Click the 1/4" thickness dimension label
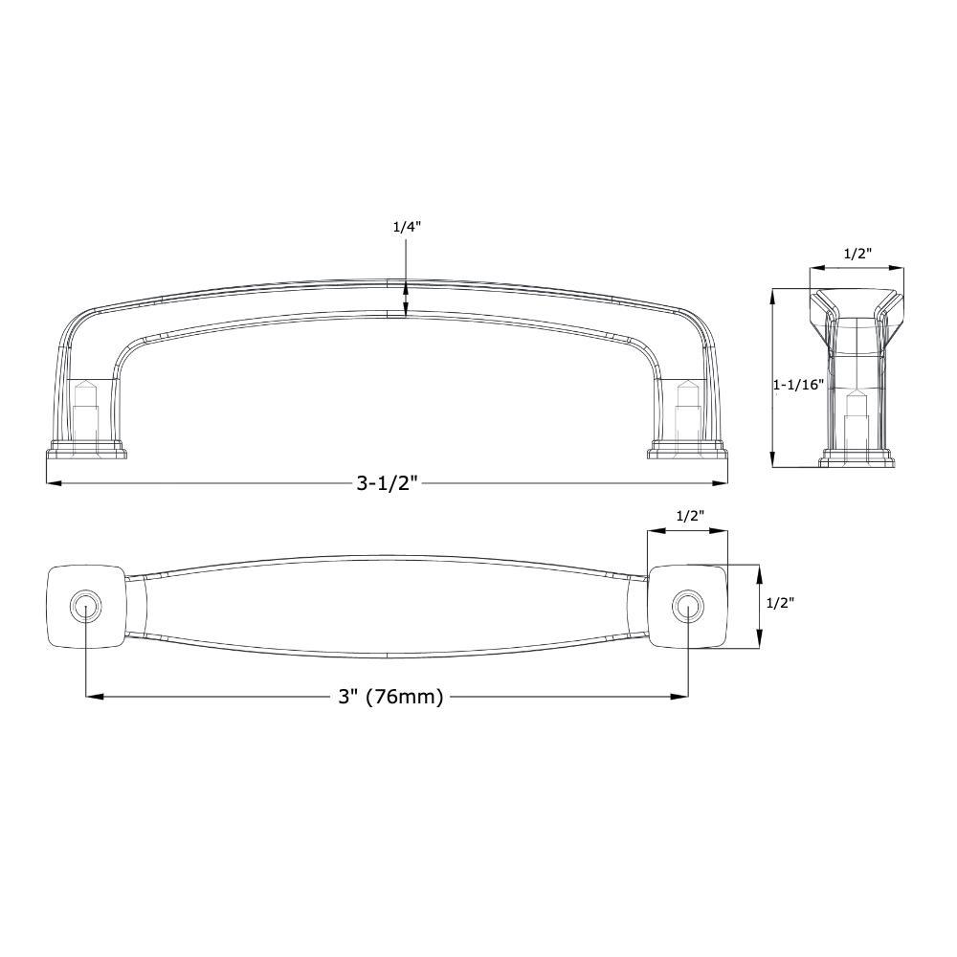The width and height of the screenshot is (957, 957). point(406,227)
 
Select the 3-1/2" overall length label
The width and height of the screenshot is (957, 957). point(389,483)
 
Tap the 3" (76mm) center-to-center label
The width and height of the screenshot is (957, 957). point(390,697)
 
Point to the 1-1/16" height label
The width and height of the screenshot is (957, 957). point(798,385)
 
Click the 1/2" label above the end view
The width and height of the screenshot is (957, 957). point(857,254)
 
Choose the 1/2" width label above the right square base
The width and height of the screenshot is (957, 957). point(690,516)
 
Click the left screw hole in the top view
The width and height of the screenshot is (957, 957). point(86,606)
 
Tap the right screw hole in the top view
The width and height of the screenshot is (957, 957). point(687,606)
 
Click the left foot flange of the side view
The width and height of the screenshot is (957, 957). point(86,449)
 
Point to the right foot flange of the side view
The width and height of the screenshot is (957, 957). point(687,449)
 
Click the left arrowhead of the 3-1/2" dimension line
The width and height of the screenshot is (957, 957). point(53,483)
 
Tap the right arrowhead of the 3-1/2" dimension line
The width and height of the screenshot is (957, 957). point(723,483)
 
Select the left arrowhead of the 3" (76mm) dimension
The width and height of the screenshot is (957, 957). point(93,697)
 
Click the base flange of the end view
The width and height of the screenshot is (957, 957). point(857,461)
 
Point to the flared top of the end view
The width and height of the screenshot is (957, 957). point(857,298)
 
